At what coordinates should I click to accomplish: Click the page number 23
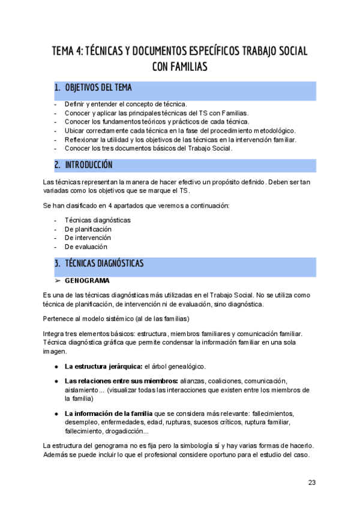point(312,482)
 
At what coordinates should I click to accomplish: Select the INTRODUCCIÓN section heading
point(88,164)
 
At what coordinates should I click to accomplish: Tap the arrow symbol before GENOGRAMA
point(58,280)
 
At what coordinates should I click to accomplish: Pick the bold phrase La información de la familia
point(109,414)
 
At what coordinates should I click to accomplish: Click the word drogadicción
point(129,431)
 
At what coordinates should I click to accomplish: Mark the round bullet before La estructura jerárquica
point(56,366)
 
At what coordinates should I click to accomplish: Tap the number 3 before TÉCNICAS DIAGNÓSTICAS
point(56,263)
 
